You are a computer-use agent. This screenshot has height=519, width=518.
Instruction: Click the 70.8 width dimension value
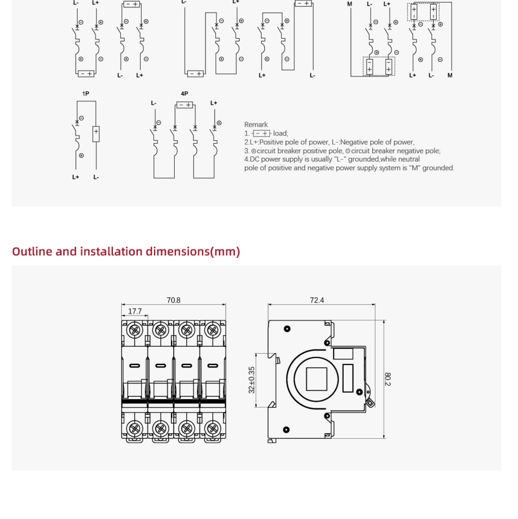173,300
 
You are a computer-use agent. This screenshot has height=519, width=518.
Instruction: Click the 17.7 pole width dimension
135,311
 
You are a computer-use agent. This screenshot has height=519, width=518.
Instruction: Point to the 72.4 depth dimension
316,300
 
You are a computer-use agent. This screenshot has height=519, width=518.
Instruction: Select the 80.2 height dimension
387,379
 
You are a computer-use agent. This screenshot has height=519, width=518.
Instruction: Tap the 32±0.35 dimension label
252,380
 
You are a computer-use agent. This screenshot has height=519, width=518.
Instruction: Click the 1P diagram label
85,94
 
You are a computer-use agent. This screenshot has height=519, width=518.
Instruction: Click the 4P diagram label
184,94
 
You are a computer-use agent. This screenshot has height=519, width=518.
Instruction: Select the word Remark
256,125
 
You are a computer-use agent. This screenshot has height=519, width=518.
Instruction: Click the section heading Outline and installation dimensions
126,251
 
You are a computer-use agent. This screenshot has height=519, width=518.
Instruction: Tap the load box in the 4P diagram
185,105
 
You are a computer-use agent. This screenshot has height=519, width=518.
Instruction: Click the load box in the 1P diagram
96,134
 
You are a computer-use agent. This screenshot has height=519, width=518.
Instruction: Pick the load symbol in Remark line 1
262,133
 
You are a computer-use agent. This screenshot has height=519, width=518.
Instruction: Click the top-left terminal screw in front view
135,331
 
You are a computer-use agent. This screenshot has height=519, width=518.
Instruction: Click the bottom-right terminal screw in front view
213,428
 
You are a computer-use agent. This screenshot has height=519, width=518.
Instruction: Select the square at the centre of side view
316,379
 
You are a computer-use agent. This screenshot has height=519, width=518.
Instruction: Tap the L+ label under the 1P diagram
76,177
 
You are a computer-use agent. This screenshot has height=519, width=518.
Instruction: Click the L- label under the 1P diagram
96,177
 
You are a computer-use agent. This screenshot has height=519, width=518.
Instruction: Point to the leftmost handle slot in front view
135,366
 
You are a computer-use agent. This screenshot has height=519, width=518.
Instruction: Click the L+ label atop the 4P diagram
214,103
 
